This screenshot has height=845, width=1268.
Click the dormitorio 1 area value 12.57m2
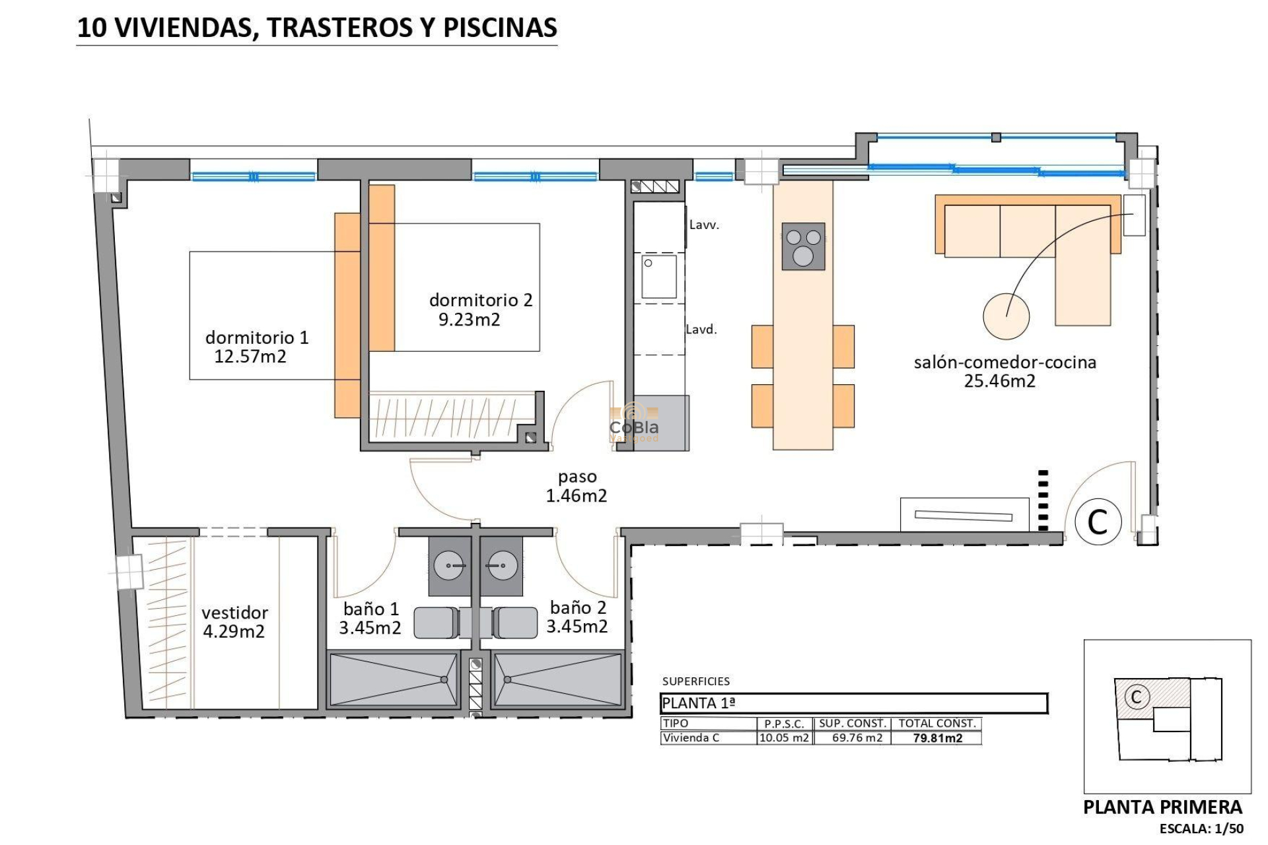(250, 357)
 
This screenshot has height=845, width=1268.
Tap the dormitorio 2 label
(480, 300)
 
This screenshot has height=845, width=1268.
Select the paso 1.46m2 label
(577, 487)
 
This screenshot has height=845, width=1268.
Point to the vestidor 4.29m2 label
(234, 623)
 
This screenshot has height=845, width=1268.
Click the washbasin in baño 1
(449, 566)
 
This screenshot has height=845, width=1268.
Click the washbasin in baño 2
(501, 566)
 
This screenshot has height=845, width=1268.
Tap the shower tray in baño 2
(557, 679)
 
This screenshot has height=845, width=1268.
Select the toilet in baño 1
(437, 623)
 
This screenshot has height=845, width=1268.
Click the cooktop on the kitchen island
(803, 246)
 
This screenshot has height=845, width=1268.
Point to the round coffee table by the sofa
(1006, 316)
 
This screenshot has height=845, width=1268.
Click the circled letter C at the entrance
(1098, 522)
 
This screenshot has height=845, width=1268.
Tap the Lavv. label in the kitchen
(704, 225)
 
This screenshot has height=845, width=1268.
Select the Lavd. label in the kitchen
(701, 329)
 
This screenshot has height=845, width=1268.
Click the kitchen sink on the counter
(659, 277)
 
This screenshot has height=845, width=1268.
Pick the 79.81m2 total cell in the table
(937, 738)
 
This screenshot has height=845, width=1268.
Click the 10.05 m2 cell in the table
(784, 738)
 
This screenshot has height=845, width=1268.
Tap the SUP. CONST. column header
(853, 724)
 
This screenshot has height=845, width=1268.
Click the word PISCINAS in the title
(500, 28)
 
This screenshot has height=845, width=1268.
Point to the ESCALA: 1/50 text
(1201, 828)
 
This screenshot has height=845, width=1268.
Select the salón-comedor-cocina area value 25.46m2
(999, 381)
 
